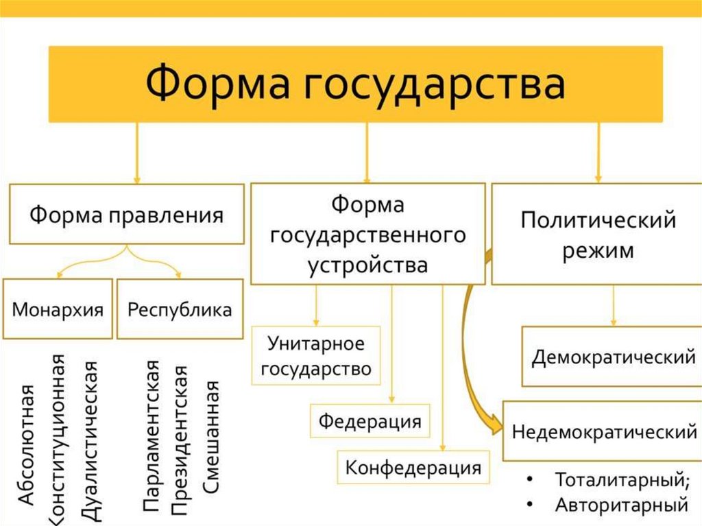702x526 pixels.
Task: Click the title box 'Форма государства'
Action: click(x=355, y=84)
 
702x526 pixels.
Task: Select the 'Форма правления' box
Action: click(x=126, y=214)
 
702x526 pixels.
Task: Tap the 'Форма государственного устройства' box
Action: click(x=368, y=234)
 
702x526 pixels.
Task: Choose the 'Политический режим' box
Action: click(x=598, y=234)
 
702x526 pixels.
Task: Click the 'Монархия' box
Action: click(x=58, y=309)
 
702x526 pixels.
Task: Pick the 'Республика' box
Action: click(x=180, y=309)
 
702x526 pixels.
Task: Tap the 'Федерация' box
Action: click(x=370, y=420)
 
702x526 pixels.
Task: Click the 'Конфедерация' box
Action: click(x=413, y=468)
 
